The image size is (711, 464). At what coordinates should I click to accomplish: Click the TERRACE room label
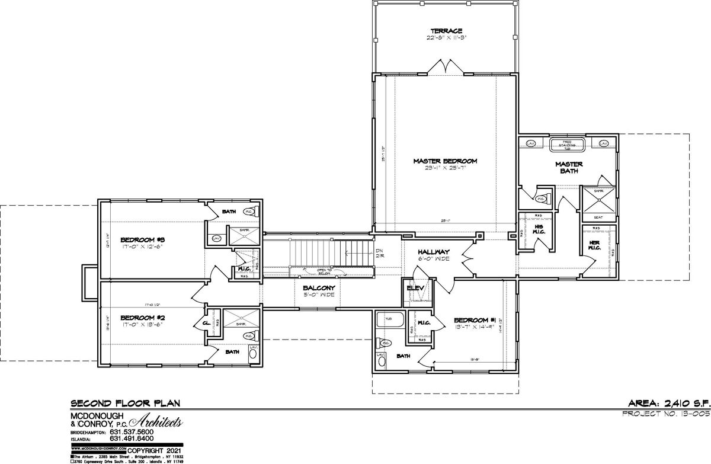[x=446, y=31]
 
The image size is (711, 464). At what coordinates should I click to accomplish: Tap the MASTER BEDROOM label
[x=446, y=161]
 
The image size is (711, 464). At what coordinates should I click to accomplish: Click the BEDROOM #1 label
[x=472, y=318]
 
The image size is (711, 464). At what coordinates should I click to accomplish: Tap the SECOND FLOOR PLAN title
[x=125, y=403]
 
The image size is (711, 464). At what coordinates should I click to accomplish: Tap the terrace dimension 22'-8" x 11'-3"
[x=446, y=37]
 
